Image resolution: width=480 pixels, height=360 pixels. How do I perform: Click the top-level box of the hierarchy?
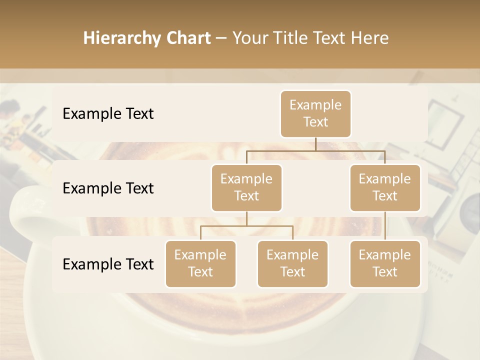(315, 113)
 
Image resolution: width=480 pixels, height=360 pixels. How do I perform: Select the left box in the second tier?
(246, 187)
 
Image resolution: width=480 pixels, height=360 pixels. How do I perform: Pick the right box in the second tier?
(385, 187)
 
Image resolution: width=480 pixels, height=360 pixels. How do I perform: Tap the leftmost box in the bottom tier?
(200, 263)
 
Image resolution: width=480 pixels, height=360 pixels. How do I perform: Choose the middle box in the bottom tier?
(292, 263)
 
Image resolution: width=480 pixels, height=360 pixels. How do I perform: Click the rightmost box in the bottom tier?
(385, 263)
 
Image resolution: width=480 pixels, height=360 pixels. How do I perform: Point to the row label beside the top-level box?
(108, 113)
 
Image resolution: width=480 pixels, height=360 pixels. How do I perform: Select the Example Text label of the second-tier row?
(108, 188)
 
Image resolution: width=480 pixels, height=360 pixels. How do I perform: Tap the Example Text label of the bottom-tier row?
(108, 264)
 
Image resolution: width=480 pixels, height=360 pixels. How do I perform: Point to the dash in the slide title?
(221, 38)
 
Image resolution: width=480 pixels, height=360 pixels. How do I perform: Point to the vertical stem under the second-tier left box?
(246, 218)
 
